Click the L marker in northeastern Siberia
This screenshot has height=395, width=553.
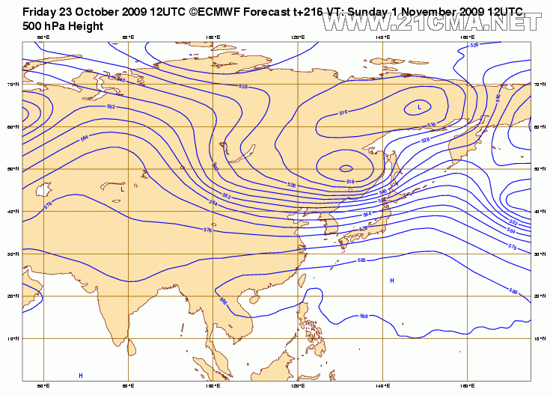coord(419,108)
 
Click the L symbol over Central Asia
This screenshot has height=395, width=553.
coord(122,190)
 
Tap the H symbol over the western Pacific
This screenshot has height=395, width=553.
coord(391,281)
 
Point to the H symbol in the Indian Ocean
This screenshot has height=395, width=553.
coord(81,375)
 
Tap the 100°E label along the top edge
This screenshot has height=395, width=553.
coord(213,37)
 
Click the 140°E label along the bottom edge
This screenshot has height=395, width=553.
coord(383,388)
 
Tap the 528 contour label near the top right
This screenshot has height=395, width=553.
coord(474,46)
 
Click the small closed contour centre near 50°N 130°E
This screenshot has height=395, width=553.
coord(346,168)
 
